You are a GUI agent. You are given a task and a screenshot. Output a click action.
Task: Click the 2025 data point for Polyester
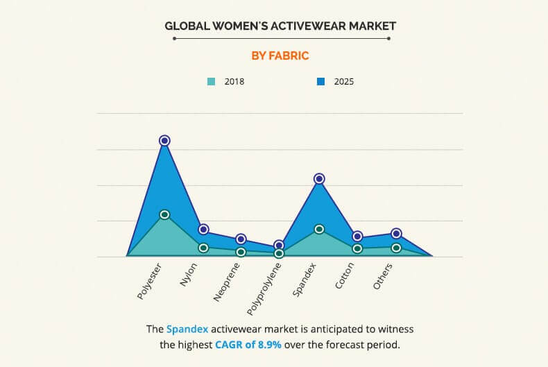pos(164,140)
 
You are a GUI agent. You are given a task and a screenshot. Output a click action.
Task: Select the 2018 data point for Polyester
pos(164,214)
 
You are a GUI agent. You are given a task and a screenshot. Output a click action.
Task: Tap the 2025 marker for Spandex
pos(319,178)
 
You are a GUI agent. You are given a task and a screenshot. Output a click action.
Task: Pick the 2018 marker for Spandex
pos(319,229)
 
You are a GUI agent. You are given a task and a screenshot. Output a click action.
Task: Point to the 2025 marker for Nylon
pos(203,229)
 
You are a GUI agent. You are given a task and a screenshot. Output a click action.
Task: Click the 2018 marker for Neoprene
pos(241,252)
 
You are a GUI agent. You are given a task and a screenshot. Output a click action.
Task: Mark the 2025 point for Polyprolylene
pos(279,245)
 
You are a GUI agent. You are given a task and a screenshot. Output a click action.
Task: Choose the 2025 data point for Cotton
pos(357,237)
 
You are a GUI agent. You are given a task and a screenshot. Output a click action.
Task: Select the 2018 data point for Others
pos(396,248)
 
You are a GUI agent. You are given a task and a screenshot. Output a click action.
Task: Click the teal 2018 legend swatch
pos(212,81)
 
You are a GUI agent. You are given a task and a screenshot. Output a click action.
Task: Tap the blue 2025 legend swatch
pos(320,81)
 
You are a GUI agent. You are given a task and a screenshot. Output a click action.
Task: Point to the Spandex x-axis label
pos(305,279)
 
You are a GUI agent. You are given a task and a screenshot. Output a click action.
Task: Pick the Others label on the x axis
pos(384,276)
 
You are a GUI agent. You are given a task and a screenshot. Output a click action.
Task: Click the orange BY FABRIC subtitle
pos(280,56)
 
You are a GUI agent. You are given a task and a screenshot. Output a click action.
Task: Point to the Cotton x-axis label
pos(345,276)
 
